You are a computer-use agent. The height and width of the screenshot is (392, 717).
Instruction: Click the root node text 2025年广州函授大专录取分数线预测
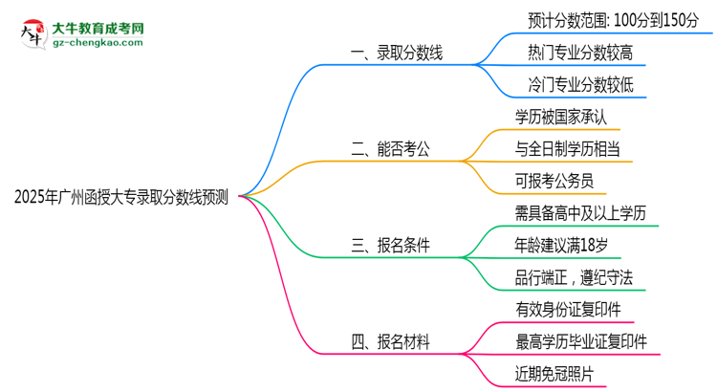121,198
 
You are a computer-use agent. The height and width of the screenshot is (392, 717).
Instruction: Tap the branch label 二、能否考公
392,148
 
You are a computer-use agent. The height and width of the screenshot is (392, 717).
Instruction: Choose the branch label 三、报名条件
392,246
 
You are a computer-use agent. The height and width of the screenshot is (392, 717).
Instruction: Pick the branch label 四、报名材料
392,340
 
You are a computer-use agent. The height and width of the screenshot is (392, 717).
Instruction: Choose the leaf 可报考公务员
554,181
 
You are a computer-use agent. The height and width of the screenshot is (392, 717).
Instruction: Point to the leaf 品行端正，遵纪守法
574,277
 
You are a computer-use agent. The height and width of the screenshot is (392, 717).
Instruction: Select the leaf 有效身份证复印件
566,309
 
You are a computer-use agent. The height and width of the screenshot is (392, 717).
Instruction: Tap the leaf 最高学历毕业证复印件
580,341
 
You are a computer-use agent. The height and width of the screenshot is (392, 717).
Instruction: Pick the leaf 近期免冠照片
554,374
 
